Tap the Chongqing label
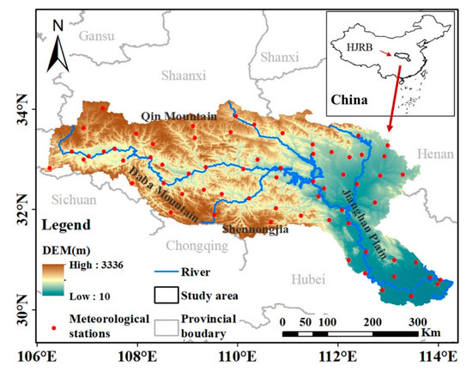[x=198, y=245]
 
